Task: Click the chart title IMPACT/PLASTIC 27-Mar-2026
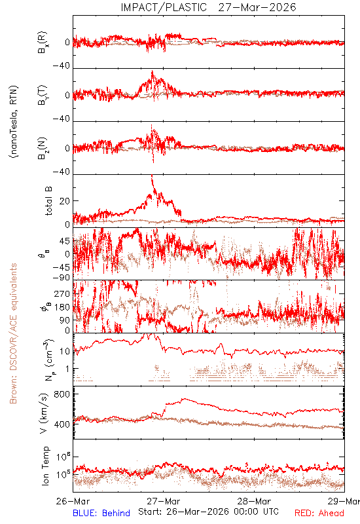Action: [x=208, y=7]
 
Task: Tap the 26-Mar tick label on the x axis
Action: [x=73, y=501]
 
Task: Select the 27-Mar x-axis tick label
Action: [x=163, y=501]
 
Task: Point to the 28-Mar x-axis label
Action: [x=254, y=501]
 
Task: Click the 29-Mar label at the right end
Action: [x=344, y=501]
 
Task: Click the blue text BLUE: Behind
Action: [x=101, y=513]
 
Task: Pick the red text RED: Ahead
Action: [x=319, y=513]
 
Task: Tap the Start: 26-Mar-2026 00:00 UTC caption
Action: [x=208, y=512]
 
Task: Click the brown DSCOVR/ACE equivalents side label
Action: [x=13, y=333]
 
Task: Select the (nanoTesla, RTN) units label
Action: [x=14, y=122]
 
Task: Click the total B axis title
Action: [x=48, y=201]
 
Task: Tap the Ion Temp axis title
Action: [x=45, y=466]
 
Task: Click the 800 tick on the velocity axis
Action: [x=62, y=394]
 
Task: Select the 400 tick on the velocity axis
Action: [x=62, y=424]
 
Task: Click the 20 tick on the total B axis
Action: [x=65, y=201]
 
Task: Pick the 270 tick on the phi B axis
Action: [x=62, y=294]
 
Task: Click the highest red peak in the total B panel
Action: [x=152, y=176]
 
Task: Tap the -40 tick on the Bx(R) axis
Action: [x=61, y=66]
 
